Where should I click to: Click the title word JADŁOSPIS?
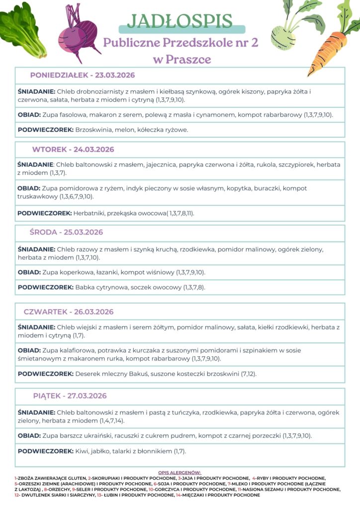(180, 21)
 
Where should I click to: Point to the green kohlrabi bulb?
(282, 35)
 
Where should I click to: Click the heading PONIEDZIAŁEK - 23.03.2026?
(83, 75)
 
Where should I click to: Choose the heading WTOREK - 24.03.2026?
(73, 150)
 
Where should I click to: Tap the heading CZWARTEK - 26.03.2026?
(69, 312)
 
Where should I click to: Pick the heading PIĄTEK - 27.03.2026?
(70, 396)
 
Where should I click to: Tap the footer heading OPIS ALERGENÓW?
(180, 472)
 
